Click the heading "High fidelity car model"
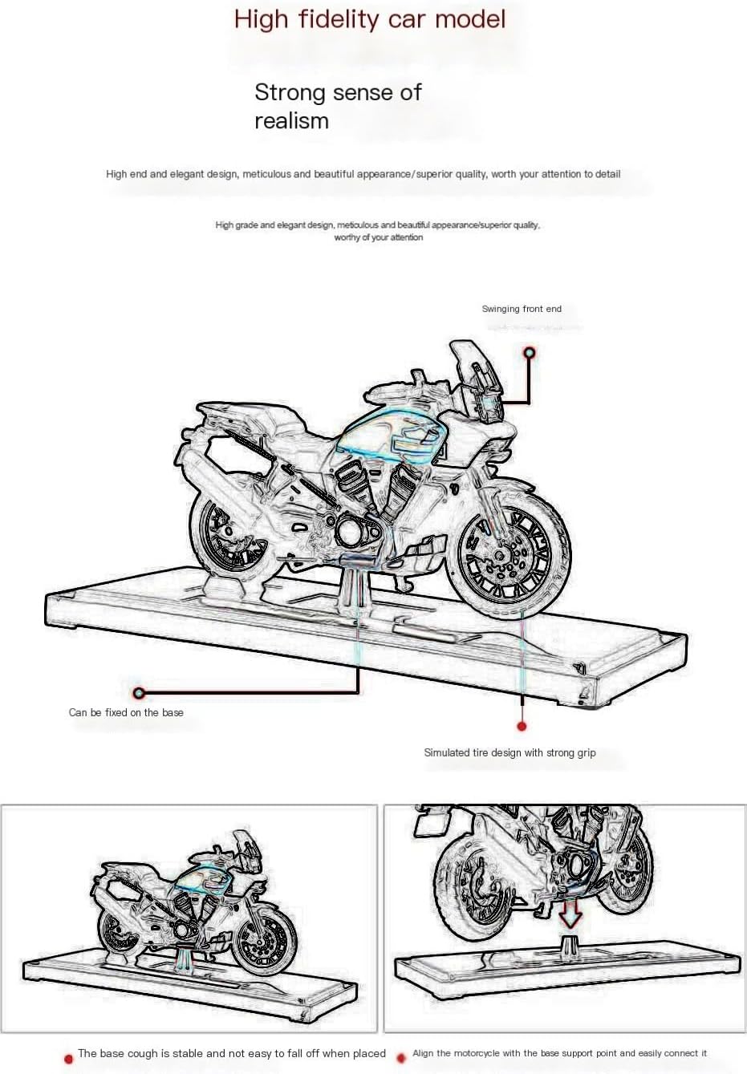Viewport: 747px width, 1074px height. point(370,19)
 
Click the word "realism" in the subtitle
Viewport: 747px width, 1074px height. point(291,121)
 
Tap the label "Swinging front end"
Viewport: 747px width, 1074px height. point(522,309)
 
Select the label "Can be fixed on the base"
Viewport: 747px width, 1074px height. point(126,712)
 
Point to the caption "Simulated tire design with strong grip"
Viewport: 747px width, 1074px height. point(510,752)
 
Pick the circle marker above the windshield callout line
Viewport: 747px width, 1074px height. point(529,353)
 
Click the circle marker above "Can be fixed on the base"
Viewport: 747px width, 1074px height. point(139,692)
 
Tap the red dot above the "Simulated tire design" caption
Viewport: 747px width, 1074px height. point(522,726)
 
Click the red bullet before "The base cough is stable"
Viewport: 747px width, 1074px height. point(68,1058)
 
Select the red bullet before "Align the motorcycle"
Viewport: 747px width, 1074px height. point(401,1058)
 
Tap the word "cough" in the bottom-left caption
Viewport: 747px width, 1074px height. point(156,1053)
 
